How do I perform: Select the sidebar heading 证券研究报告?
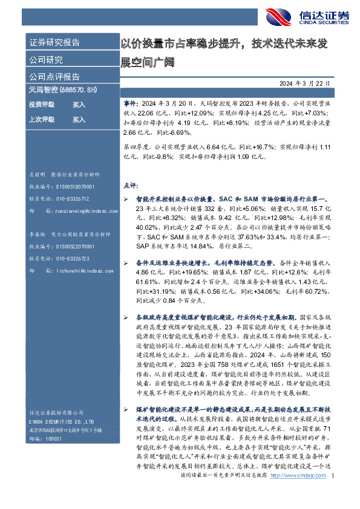54,43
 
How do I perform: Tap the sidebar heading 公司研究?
47,60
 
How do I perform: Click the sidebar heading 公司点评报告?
54,77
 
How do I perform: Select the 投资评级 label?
41,105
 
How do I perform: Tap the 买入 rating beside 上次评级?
79,120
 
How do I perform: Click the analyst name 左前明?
38,173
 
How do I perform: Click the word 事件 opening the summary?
129,105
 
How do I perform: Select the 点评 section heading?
130,186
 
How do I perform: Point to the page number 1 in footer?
333,493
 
